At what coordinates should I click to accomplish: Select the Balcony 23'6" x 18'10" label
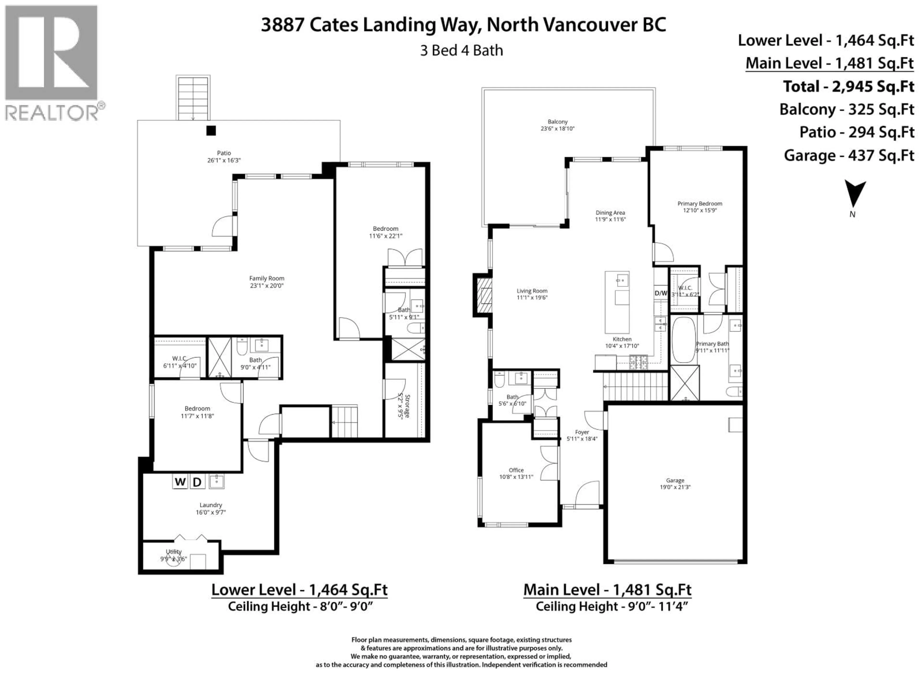tap(557, 125)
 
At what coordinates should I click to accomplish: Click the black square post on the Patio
tap(211, 130)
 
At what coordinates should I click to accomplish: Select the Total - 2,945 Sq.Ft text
tap(848, 86)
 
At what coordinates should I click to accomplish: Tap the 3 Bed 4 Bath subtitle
tap(461, 50)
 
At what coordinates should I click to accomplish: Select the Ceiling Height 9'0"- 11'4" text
tap(611, 606)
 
